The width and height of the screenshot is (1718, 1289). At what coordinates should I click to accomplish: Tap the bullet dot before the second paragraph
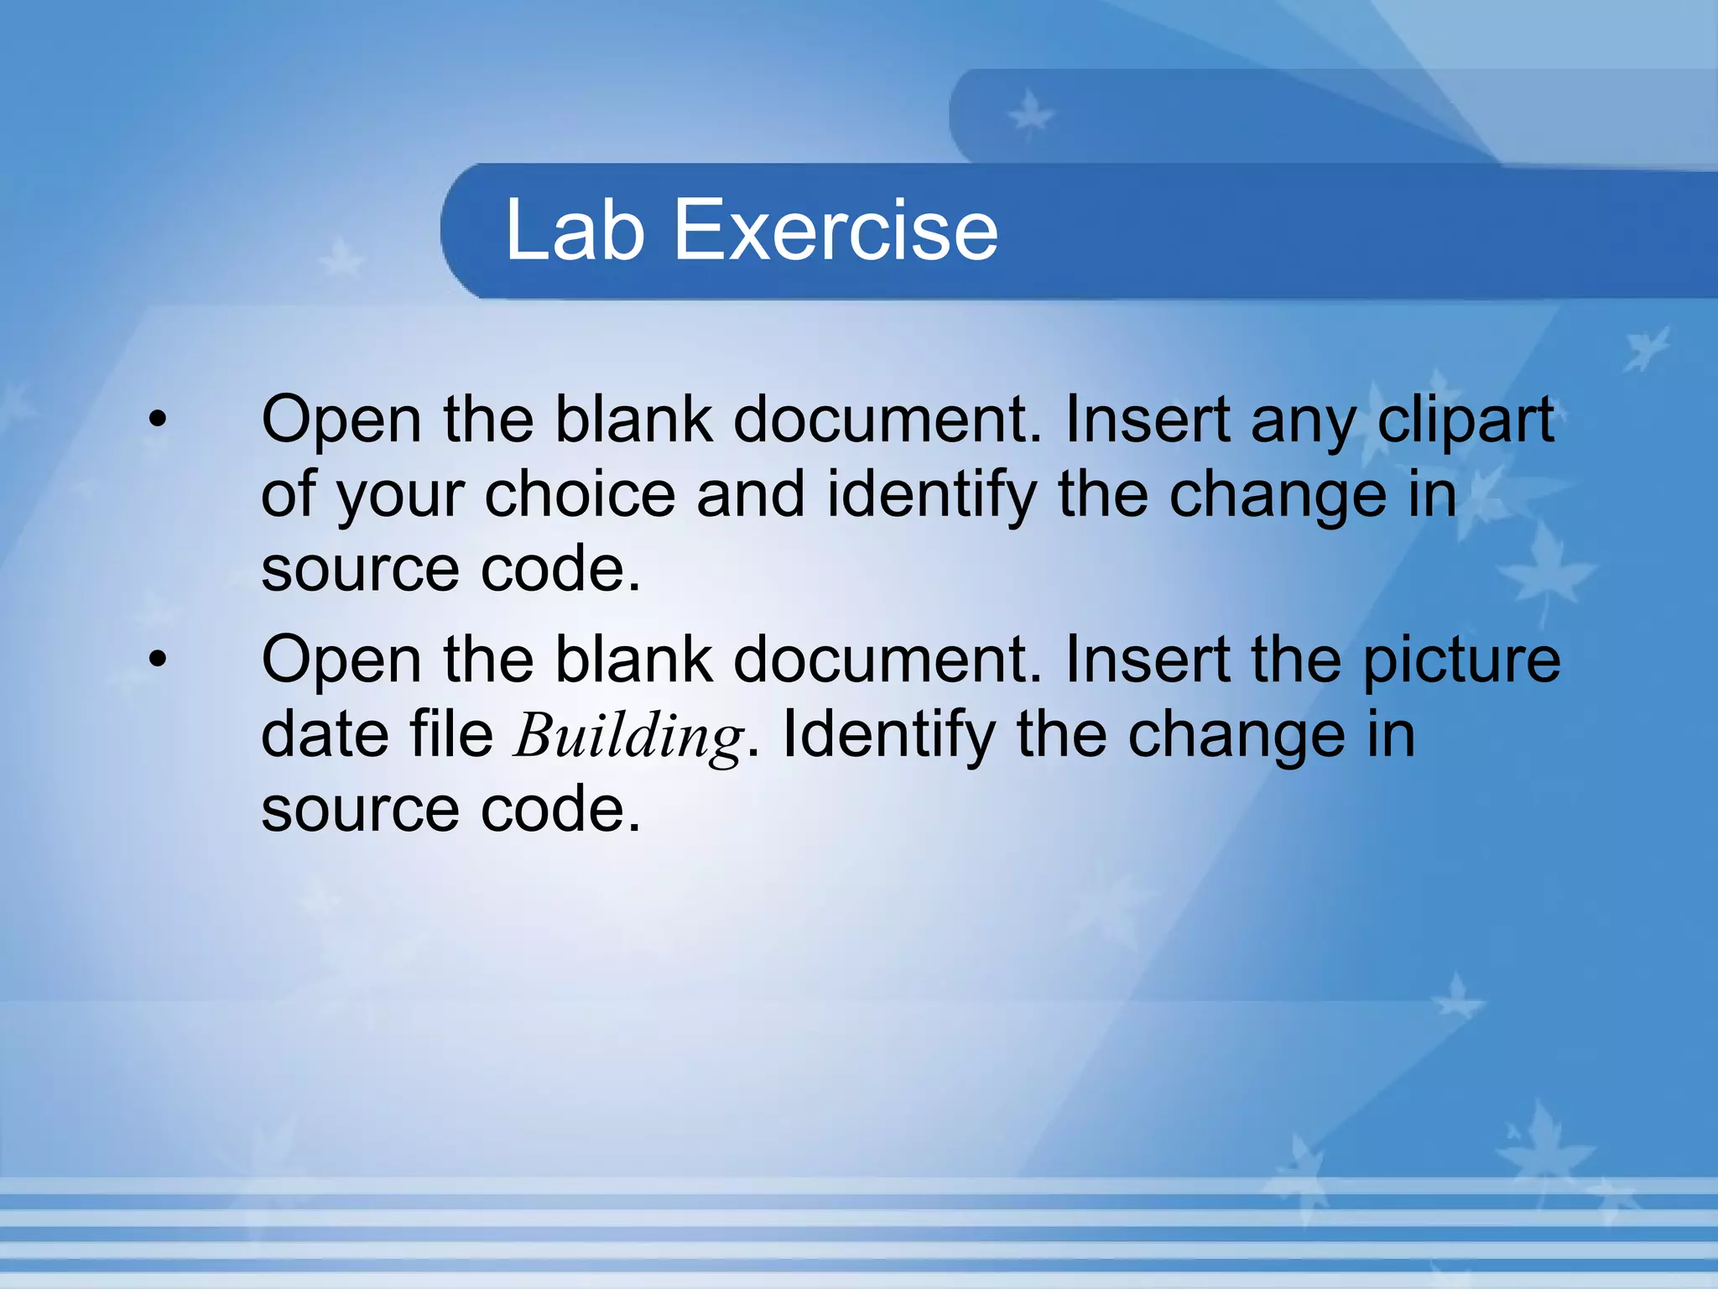158,659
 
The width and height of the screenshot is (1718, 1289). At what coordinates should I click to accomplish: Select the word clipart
1466,419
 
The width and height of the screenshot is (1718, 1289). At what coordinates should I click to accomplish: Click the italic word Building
628,736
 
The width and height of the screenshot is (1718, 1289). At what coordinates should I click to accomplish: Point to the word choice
580,493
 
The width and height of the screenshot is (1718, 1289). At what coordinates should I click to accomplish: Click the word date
325,734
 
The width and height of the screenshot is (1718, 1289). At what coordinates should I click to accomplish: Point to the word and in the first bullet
751,493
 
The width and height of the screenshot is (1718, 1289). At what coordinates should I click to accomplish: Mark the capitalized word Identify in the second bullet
888,736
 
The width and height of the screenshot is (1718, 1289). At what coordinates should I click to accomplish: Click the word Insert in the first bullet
1147,419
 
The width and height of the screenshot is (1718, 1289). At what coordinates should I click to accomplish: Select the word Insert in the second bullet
1147,660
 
